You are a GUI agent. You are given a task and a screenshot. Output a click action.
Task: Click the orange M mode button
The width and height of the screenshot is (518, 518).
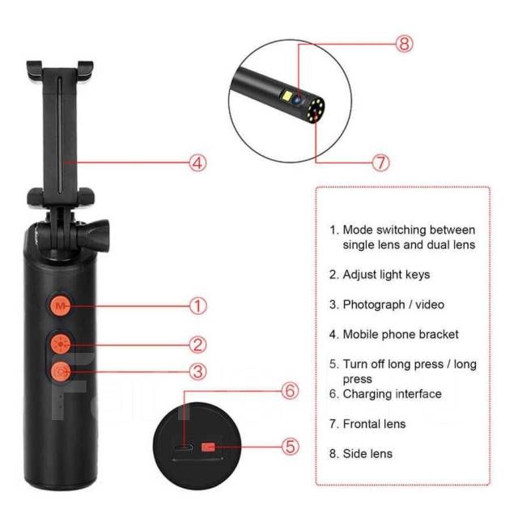coord(60,306)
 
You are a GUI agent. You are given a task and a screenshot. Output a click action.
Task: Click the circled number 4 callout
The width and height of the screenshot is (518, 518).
coord(197,163)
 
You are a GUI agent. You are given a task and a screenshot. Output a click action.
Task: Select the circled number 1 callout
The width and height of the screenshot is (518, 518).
coord(197,306)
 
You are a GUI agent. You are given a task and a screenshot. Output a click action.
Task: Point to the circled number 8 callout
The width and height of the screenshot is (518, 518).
coord(405,43)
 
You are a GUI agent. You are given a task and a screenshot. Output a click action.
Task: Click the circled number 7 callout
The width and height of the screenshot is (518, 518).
coord(380,163)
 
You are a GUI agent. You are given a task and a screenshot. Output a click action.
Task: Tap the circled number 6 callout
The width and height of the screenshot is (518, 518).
coord(290,391)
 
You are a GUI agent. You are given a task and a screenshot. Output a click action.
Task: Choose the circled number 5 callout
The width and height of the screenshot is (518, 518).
coord(290,447)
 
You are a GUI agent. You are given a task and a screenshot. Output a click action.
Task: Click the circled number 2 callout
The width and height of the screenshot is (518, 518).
coord(197,345)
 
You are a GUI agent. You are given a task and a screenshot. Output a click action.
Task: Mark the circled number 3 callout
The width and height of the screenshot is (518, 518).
coord(197,372)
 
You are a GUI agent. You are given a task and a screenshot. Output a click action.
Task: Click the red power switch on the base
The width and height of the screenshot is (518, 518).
coord(208,448)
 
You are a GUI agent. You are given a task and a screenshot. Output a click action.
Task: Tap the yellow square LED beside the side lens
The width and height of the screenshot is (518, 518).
coord(286,96)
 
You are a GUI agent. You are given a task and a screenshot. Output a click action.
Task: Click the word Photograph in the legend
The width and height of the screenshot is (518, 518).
coord(369,305)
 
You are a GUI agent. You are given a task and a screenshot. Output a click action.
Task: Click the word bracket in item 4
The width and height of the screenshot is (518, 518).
coord(439,334)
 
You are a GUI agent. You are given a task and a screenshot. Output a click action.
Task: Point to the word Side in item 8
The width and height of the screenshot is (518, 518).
coord(355,453)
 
